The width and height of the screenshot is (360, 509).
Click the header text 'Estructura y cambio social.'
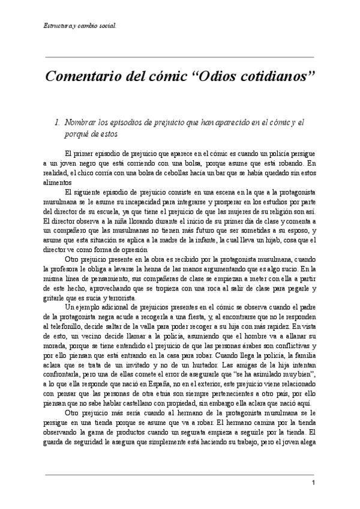click(x=80, y=26)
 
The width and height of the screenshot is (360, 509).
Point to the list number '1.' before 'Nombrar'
click(x=58, y=122)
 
